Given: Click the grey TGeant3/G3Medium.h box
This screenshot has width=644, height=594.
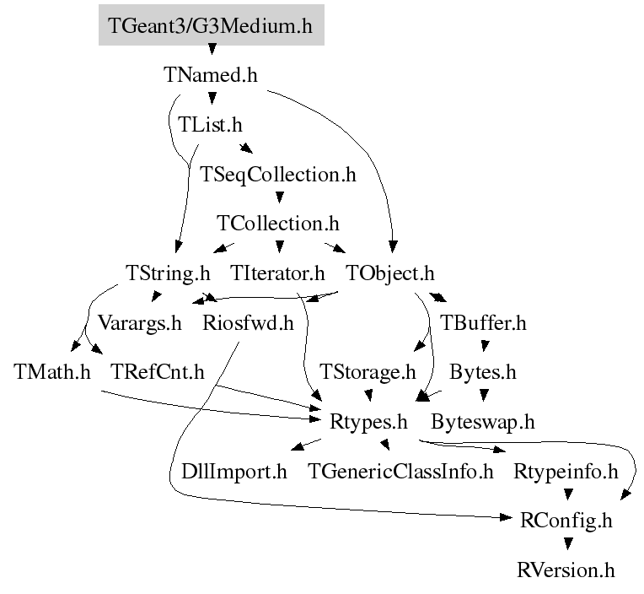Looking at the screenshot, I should click(211, 26).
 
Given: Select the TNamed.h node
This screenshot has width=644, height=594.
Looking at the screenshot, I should click(210, 75).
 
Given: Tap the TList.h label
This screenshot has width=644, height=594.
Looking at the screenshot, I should click(210, 125).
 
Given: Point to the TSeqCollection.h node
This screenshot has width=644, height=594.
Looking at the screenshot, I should click(278, 175).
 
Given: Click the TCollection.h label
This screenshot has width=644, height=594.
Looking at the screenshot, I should click(278, 224).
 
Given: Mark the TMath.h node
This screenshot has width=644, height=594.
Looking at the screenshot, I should click(52, 371).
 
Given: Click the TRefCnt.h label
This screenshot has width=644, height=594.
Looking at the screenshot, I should click(158, 371).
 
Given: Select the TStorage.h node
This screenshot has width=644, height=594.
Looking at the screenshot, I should click(368, 371).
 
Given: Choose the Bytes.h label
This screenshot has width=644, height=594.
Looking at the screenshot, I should click(482, 371).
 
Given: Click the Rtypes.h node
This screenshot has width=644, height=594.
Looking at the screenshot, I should click(369, 420).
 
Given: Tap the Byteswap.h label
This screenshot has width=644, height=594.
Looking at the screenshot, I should click(483, 420).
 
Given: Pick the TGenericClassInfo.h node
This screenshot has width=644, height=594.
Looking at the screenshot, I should click(400, 470).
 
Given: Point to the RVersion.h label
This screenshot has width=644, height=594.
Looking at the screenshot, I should click(566, 569).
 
